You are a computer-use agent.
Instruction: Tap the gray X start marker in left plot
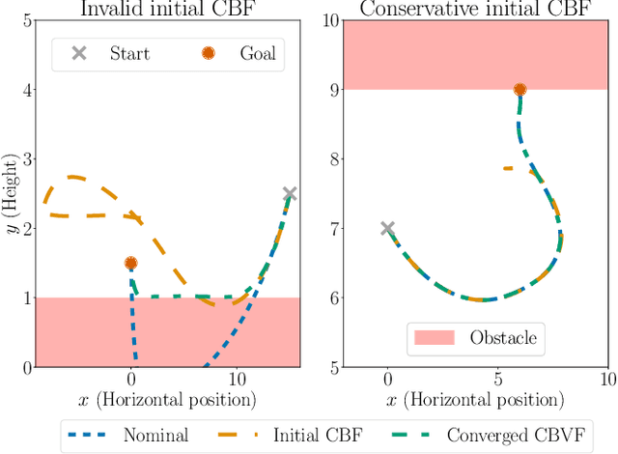(289, 194)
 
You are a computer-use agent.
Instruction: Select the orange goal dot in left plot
(131, 263)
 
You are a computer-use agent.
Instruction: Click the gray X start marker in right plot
(387, 229)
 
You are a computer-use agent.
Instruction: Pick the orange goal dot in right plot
(520, 90)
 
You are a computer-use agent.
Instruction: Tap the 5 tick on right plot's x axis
(497, 381)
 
